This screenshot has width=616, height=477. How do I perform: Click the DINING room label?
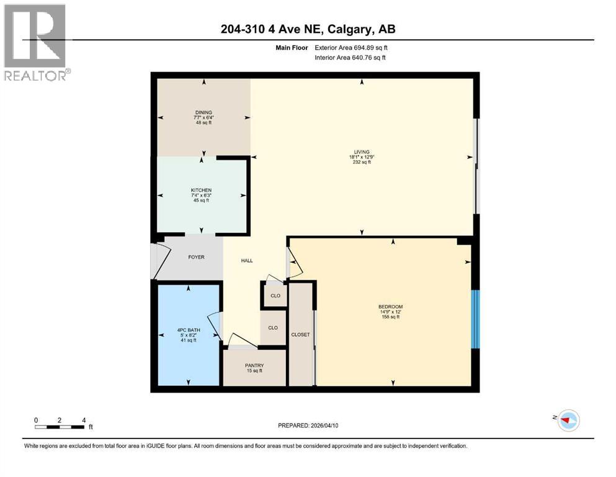pyautogui.click(x=203, y=112)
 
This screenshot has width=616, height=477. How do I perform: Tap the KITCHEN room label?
pyautogui.click(x=202, y=190)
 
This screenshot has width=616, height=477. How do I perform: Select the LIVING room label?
pyautogui.click(x=362, y=152)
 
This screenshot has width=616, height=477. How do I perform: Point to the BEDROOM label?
pyautogui.click(x=391, y=306)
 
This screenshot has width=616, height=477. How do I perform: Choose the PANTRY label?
pyautogui.click(x=254, y=365)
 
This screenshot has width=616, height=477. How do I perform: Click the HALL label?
pyautogui.click(x=247, y=261)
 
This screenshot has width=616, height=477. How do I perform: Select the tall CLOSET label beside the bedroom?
pyautogui.click(x=301, y=335)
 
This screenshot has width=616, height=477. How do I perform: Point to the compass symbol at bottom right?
pyautogui.click(x=567, y=420)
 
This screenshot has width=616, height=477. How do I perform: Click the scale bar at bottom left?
pyautogui.click(x=60, y=427)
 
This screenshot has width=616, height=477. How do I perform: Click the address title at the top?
pyautogui.click(x=308, y=29)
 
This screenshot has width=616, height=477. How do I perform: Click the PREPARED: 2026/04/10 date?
pyautogui.click(x=308, y=425)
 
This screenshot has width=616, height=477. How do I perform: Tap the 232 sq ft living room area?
pyautogui.click(x=362, y=163)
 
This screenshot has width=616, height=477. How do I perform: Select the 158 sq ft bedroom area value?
pyautogui.click(x=391, y=317)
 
